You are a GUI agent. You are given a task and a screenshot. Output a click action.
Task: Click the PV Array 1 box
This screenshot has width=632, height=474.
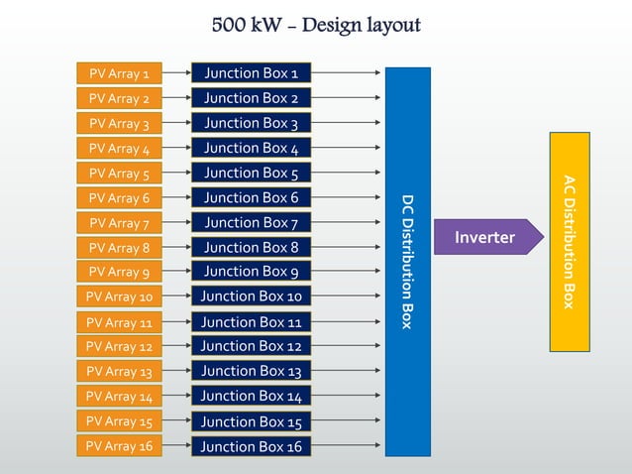(120, 73)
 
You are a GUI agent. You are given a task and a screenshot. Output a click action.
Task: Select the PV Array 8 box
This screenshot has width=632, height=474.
(120, 248)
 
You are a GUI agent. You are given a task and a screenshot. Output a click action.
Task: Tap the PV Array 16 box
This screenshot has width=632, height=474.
(120, 446)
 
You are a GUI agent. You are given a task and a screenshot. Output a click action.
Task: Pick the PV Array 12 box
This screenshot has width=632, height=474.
(120, 347)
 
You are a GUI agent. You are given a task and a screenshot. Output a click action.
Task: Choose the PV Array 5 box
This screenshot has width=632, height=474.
(120, 174)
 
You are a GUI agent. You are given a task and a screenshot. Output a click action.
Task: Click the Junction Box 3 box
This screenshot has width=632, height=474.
(251, 124)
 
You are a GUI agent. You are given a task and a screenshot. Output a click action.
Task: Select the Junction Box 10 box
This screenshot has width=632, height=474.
(251, 296)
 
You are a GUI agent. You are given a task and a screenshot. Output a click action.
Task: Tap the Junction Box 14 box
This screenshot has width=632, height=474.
(251, 397)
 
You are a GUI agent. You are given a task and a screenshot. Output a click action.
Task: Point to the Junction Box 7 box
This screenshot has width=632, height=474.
(251, 223)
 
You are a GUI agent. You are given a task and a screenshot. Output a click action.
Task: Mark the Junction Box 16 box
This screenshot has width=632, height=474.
(251, 447)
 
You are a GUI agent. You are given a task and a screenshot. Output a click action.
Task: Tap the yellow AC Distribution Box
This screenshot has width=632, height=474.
(570, 242)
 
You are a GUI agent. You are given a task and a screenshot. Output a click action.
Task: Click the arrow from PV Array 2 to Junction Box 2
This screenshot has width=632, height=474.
(175, 98)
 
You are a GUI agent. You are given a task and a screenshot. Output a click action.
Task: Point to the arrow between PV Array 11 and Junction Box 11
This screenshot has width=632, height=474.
(175, 322)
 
